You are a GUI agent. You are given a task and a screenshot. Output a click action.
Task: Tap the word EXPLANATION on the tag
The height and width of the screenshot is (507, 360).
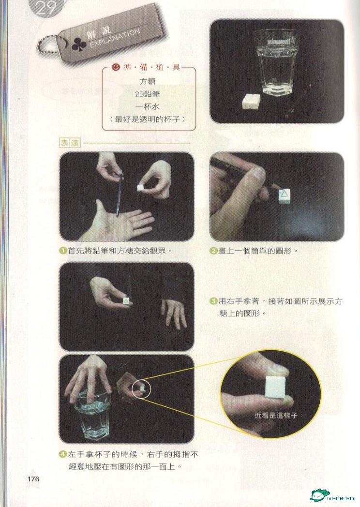(115, 39)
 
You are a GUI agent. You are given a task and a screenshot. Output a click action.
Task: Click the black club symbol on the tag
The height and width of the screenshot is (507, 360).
(78, 45)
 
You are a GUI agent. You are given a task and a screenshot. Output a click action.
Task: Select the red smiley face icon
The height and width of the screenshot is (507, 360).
(115, 67)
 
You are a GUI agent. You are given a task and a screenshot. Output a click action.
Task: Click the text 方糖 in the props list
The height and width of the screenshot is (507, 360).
(148, 81)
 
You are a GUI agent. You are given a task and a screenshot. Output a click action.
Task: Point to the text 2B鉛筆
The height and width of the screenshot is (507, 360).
(148, 94)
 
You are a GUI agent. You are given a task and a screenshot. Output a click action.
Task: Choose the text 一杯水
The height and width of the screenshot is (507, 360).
(148, 107)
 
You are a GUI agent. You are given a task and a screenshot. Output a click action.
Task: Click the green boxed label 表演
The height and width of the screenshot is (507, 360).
(70, 143)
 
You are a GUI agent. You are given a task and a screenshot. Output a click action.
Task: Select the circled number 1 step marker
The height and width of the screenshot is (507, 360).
(63, 251)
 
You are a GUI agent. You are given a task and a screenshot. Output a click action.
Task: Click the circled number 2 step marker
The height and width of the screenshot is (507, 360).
(213, 251)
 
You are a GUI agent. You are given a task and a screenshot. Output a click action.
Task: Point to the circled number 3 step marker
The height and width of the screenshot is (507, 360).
(213, 301)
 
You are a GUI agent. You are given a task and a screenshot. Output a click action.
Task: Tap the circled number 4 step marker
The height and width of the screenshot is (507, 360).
(63, 454)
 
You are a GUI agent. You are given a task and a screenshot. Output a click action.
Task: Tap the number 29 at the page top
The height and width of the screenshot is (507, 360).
(46, 9)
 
